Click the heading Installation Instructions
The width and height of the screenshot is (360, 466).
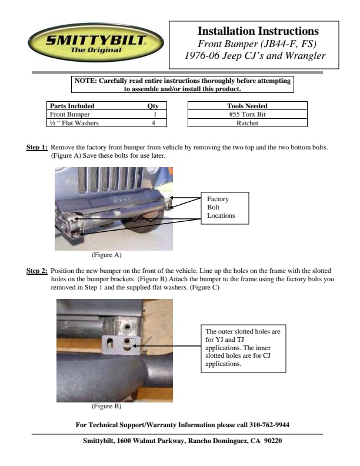click(x=258, y=31)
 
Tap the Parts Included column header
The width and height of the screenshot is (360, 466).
click(x=72, y=106)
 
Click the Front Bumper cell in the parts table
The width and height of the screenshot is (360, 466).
click(x=66, y=115)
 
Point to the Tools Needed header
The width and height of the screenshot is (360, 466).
click(x=247, y=106)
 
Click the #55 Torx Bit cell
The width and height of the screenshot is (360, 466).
click(x=247, y=115)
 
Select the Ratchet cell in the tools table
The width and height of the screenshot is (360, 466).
click(x=247, y=124)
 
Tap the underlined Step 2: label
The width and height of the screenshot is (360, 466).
click(x=37, y=271)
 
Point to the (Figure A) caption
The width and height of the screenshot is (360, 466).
click(x=106, y=255)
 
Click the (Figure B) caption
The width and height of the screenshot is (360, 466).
click(x=106, y=406)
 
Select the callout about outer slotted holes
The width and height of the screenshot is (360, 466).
click(x=243, y=348)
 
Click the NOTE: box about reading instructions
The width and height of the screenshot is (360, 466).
click(x=182, y=85)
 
